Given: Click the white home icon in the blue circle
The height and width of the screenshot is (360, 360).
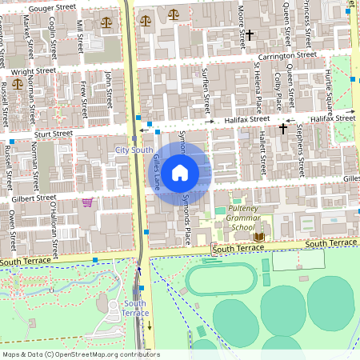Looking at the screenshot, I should [180, 171].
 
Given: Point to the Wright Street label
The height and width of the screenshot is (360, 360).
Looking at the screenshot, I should [33, 71].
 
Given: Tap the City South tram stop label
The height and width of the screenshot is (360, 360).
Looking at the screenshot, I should [134, 150].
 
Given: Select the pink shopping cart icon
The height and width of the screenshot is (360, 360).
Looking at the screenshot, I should [86, 202].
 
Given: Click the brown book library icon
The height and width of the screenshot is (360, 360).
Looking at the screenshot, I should [258, 237].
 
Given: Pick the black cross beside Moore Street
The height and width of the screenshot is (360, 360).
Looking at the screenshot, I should [250, 35].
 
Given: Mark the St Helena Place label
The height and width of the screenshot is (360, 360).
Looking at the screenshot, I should [258, 88].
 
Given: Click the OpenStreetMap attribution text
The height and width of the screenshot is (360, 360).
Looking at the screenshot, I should [80, 354].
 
